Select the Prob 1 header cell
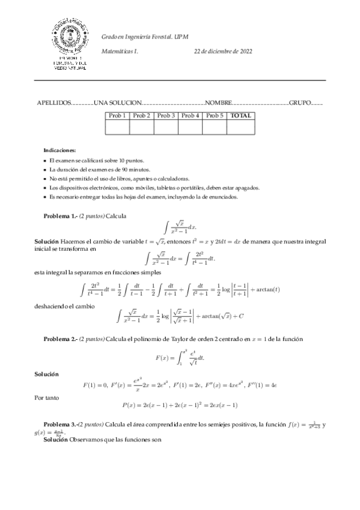click(x=117, y=115)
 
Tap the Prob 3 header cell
click(x=166, y=115)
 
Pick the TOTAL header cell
click(x=240, y=115)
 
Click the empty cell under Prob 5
click(x=214, y=127)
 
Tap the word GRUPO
click(x=301, y=103)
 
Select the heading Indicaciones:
click(x=59, y=150)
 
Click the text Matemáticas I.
click(x=120, y=52)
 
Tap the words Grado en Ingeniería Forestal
click(x=129, y=37)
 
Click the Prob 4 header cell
click(x=190, y=115)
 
